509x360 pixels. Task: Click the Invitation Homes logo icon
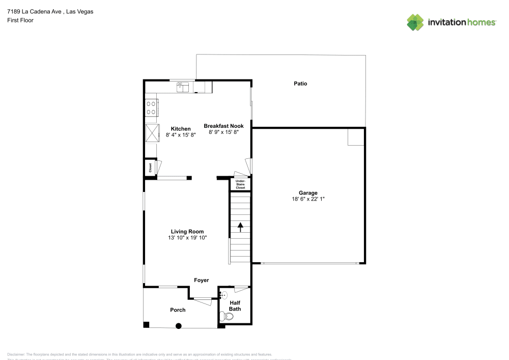[415, 22]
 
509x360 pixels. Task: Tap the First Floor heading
[20, 20]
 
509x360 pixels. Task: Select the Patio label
[300, 84]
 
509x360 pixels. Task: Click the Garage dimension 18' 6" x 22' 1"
[308, 199]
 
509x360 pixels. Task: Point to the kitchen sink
[183, 87]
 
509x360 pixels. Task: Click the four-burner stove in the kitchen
[151, 107]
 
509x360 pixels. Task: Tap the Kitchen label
[181, 129]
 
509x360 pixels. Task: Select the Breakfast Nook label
[223, 126]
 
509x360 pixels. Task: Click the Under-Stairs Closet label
[240, 184]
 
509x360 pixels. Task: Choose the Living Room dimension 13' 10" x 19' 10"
[187, 238]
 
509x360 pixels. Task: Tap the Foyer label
[202, 280]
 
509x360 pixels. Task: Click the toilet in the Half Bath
[227, 317]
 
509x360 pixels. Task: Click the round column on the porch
[179, 326]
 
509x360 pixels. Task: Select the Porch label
[178, 310]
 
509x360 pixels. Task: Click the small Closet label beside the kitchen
[150, 168]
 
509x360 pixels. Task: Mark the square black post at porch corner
[147, 324]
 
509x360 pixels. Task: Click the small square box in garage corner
[355, 137]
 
